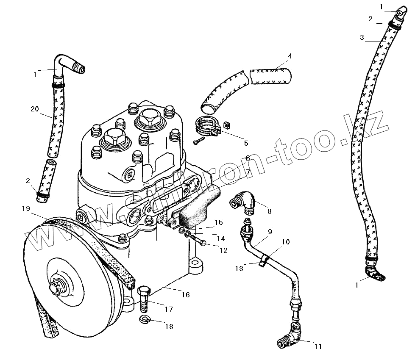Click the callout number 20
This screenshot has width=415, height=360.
[x=35, y=109]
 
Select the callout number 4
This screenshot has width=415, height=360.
[x=290, y=56]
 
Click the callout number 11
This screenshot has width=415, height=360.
[x=318, y=346]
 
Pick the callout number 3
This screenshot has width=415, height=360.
[x=362, y=37]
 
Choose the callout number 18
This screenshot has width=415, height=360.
[x=170, y=327]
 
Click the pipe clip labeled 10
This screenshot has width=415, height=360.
[x=264, y=260]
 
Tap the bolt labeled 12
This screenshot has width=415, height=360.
[x=198, y=242]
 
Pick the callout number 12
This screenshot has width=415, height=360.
[x=223, y=250]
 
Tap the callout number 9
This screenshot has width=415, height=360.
[x=270, y=232]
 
